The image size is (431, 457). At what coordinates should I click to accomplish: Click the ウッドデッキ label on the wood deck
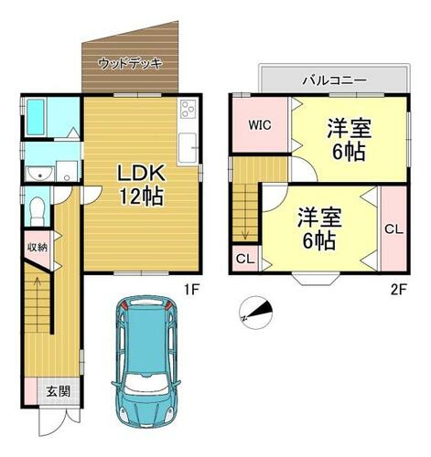130,64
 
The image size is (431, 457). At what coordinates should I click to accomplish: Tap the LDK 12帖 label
142,185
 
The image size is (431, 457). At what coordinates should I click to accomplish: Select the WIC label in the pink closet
260,125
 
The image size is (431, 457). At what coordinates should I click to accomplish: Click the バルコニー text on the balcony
334,80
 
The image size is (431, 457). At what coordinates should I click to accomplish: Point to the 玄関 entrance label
59,391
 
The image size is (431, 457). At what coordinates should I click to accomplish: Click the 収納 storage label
38,248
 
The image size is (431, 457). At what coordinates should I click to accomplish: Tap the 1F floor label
192,289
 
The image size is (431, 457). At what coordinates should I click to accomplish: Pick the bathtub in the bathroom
36,117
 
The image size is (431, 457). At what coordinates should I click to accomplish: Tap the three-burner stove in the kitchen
188,109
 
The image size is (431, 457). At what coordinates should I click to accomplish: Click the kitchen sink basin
187,148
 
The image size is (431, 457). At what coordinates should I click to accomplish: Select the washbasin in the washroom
39,174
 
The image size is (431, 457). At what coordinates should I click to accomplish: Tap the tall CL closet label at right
393,229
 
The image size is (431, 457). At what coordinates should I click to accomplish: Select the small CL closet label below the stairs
245,260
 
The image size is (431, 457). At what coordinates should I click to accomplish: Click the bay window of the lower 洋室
316,280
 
